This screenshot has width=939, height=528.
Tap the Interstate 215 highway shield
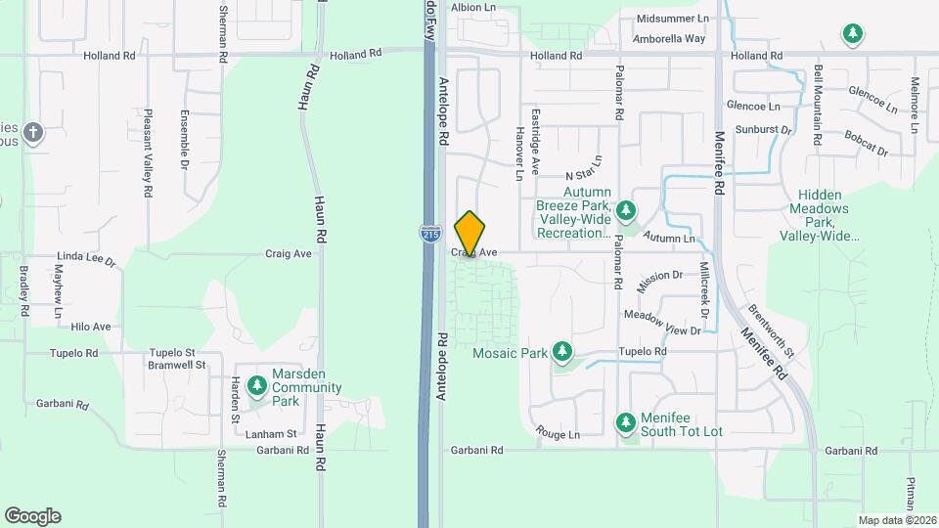tap(429, 233)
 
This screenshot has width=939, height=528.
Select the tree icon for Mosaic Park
tap(561, 351)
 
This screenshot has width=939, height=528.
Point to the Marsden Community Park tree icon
tap(257, 386)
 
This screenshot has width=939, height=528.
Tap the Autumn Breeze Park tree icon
tap(625, 210)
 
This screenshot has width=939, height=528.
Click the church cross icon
tap(34, 133)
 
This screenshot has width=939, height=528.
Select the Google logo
tap(32, 516)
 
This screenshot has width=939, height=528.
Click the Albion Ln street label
tap(472, 7)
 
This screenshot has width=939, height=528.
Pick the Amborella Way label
tap(669, 39)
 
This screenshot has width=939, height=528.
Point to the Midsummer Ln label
tap(672, 19)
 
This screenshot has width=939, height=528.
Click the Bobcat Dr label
tap(866, 146)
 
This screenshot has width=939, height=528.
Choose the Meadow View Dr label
tap(662, 323)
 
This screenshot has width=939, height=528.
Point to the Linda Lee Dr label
tap(86, 260)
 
